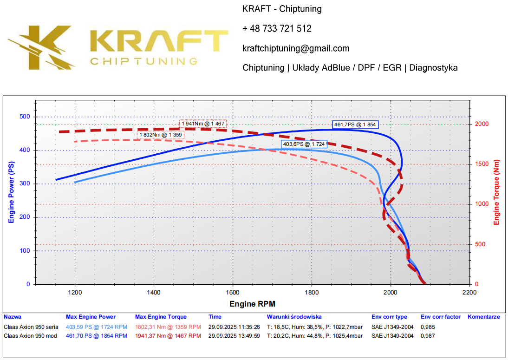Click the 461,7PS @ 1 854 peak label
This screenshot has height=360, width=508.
[x=355, y=124]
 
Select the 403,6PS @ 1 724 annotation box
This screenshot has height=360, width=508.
[x=304, y=144]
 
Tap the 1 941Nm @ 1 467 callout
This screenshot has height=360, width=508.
[x=203, y=124]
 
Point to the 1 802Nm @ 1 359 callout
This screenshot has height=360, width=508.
[x=161, y=135]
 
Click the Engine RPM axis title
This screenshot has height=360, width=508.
[x=252, y=304]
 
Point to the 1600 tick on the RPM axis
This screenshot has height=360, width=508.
[x=233, y=293]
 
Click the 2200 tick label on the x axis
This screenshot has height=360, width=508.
[x=469, y=293]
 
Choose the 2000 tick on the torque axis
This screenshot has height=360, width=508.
[x=483, y=124]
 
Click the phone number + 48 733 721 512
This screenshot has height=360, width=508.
[x=277, y=29]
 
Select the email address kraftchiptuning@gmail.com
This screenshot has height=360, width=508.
[x=296, y=48]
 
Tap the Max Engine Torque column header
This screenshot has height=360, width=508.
[x=161, y=317]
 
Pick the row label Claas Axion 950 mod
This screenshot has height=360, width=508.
[x=30, y=336]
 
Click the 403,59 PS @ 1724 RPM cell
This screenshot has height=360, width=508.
[x=96, y=327]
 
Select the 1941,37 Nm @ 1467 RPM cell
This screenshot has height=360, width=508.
[x=168, y=336]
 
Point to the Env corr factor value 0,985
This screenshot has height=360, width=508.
[x=428, y=327]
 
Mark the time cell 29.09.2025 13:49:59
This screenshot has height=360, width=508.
[x=234, y=336]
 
